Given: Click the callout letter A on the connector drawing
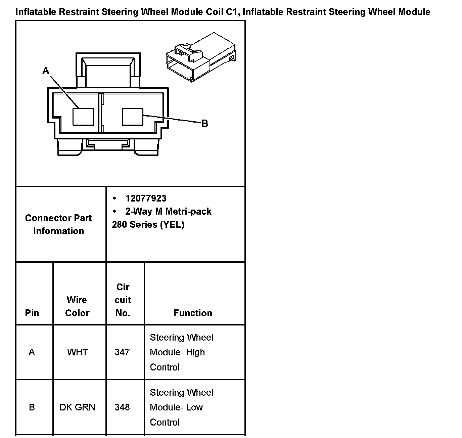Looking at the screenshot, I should [46, 71].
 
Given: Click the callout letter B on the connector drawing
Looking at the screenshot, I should [205, 124].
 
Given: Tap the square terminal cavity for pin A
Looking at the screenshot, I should [83, 117].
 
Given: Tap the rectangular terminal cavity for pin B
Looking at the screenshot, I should [133, 116].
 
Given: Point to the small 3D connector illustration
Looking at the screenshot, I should [201, 57].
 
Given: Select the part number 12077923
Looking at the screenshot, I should [146, 199].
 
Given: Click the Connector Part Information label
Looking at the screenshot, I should [58, 224].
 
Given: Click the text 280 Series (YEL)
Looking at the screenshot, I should [148, 224].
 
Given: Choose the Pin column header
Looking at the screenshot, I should [32, 313].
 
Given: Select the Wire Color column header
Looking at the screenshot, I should [77, 306].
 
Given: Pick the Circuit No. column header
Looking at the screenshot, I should [123, 300].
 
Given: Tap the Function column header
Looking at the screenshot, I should [193, 313].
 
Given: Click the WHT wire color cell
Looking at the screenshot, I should [77, 352].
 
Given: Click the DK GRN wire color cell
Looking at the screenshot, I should [77, 407].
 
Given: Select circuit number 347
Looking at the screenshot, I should [122, 352].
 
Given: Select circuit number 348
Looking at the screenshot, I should [122, 407].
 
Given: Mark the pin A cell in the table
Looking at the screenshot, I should [32, 352].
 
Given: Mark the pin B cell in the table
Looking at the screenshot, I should [32, 407].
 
